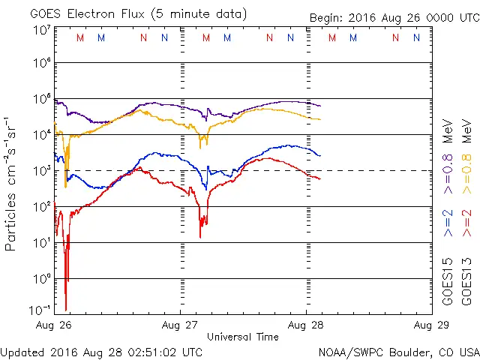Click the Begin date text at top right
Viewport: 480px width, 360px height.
(393, 18)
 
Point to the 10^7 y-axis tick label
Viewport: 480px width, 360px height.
(42, 29)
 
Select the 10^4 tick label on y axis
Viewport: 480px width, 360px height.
(42, 134)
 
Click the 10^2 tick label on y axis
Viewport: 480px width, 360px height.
(42, 206)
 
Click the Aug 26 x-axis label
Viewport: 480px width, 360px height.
(54, 325)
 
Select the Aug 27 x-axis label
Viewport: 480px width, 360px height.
(180, 325)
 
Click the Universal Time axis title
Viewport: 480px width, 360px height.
(242, 337)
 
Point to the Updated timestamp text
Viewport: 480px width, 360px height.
(101, 351)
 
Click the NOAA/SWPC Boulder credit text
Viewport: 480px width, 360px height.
(397, 351)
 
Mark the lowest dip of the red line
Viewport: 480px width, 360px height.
(66, 308)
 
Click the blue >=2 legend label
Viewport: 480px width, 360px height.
(448, 222)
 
